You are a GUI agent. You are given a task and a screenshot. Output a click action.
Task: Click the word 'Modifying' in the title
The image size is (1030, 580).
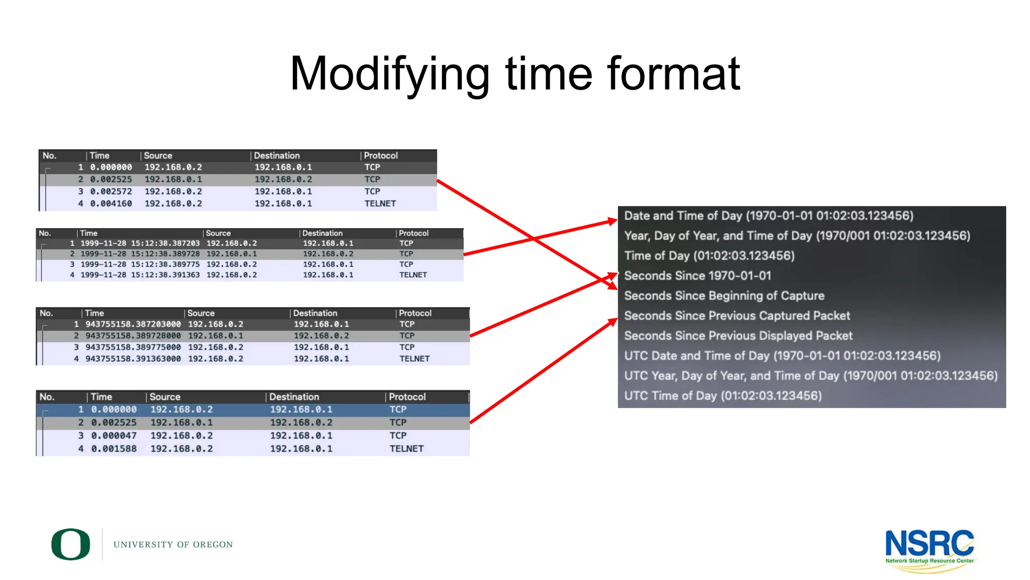[x=389, y=75]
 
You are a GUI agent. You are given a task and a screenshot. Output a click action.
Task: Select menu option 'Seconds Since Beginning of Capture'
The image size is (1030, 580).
[x=724, y=296]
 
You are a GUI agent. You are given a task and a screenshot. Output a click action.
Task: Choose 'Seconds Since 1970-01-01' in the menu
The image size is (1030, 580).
[x=697, y=276]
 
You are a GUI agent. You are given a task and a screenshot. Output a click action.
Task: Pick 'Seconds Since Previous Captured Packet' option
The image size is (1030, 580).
[x=737, y=316]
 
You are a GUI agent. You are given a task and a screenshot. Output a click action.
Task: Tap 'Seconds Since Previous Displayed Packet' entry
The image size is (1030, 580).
[x=738, y=336]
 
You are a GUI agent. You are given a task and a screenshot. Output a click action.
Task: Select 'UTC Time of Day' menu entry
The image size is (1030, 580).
[x=723, y=396]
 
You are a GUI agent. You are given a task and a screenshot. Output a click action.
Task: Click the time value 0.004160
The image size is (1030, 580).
[x=111, y=204]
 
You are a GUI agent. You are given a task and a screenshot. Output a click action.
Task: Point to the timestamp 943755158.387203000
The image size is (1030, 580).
[x=133, y=324]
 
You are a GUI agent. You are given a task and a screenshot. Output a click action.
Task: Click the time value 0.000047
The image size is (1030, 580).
[x=114, y=436]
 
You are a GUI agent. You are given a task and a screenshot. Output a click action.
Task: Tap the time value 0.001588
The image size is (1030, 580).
[x=114, y=449]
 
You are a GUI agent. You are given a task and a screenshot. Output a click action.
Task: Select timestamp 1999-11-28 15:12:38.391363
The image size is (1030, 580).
[x=140, y=275]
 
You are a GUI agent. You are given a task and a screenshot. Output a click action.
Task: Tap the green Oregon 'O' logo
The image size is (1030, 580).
[x=71, y=544]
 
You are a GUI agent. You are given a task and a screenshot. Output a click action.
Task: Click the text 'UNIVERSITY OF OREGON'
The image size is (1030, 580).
[x=173, y=545]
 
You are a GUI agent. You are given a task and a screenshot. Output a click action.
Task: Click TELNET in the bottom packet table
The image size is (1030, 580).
[x=406, y=449]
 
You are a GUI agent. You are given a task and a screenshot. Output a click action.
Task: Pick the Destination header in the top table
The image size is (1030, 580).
[x=277, y=156]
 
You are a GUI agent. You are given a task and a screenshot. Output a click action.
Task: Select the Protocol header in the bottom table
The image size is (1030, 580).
[x=407, y=397]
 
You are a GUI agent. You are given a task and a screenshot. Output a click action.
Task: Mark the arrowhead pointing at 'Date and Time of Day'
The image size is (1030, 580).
[x=612, y=221]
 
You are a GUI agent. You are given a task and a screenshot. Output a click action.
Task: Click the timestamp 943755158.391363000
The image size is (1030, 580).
[x=133, y=359]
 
